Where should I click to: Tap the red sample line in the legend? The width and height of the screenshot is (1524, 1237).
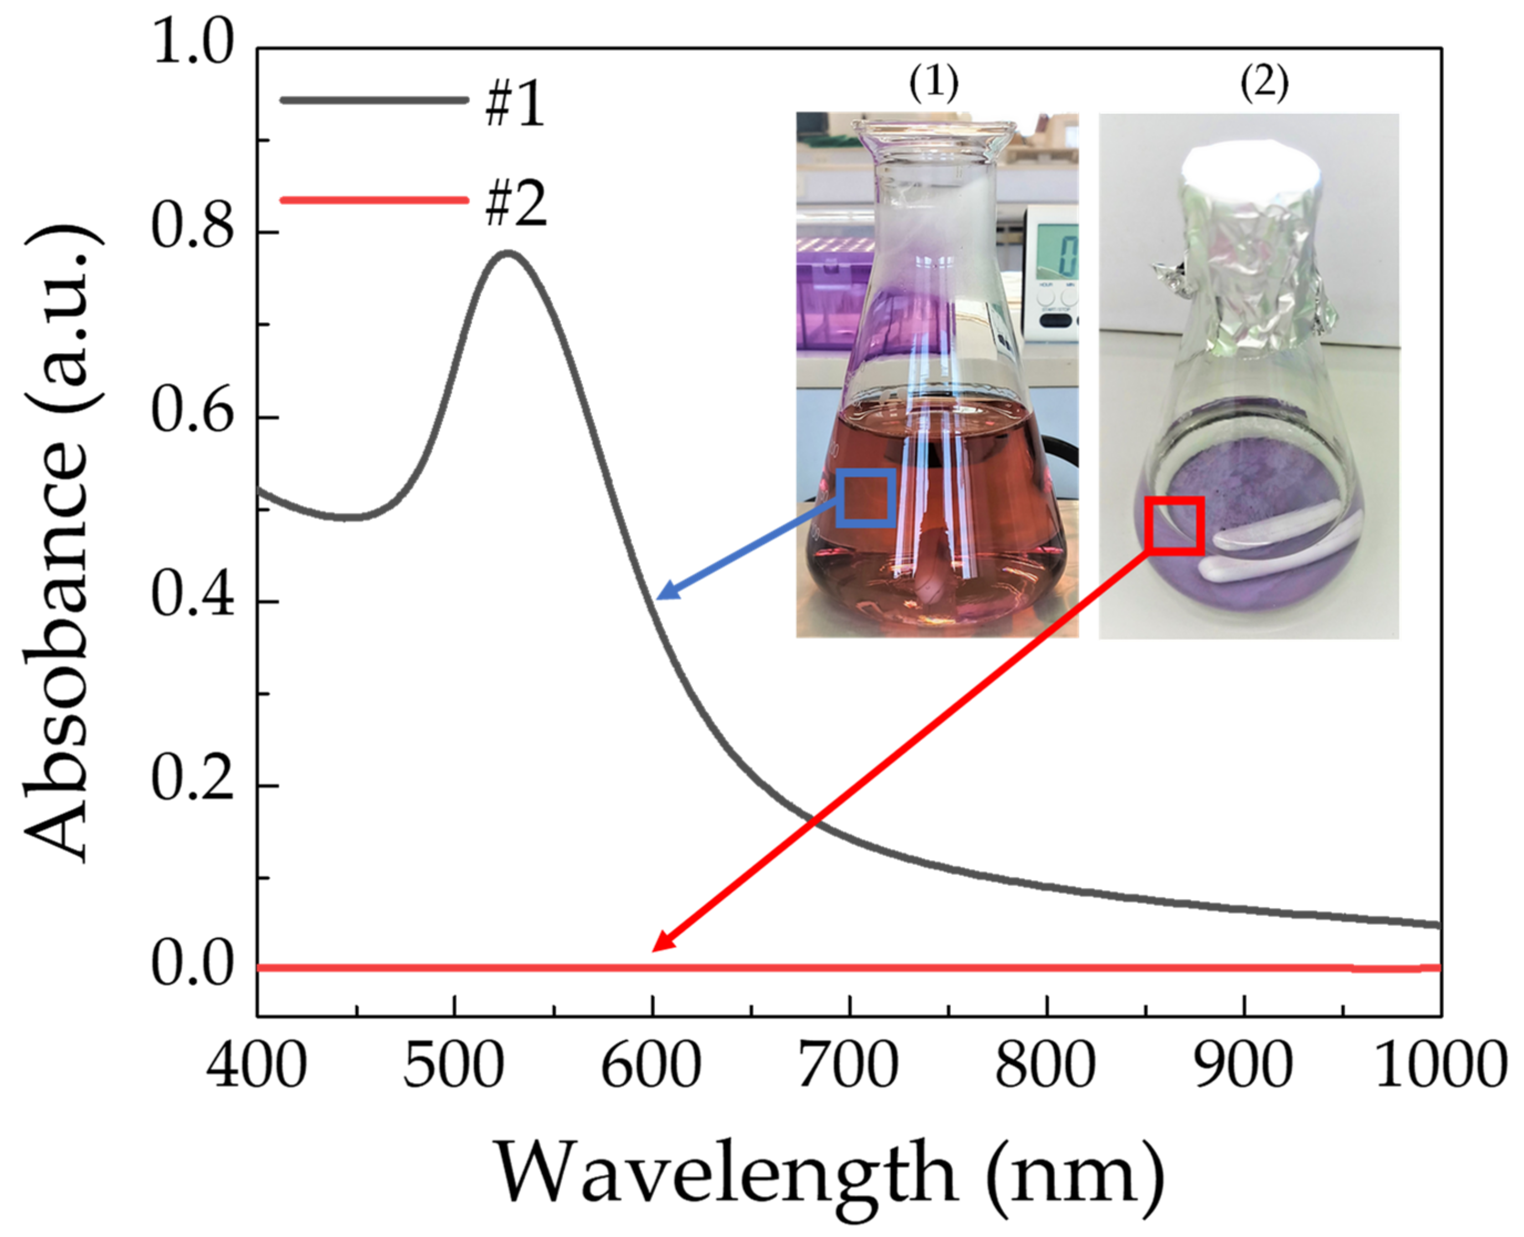374,200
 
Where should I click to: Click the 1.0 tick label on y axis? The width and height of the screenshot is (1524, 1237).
192,45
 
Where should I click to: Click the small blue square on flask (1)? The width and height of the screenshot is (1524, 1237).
866,497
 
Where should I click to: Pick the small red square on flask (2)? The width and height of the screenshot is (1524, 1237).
1174,526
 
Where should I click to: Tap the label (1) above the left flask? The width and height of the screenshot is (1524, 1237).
933,84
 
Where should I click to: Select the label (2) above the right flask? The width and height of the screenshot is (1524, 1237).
1265,84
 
